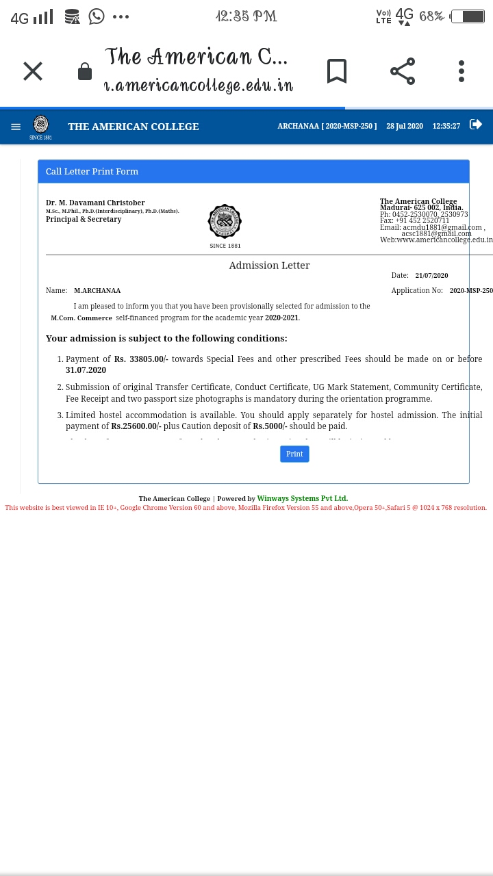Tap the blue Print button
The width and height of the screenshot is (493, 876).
tap(294, 454)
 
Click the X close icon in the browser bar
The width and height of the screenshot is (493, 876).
tap(33, 71)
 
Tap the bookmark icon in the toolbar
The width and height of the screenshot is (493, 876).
tap(336, 71)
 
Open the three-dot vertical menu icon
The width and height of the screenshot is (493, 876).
tap(462, 71)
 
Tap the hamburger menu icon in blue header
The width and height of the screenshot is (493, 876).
tap(16, 127)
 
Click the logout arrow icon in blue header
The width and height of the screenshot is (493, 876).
tap(475, 125)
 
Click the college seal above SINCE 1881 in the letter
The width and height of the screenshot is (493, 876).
tap(225, 221)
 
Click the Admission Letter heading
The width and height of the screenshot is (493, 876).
tap(269, 265)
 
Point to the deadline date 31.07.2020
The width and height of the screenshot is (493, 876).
tap(86, 370)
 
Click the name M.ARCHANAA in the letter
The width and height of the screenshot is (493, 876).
tap(97, 291)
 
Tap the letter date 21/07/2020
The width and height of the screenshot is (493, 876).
tap(431, 276)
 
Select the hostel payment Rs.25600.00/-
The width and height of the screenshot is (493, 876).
tap(136, 426)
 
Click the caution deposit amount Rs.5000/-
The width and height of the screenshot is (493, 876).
tap(270, 426)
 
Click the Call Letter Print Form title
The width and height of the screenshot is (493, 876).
tap(92, 172)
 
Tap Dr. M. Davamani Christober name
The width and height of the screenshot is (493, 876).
tap(95, 203)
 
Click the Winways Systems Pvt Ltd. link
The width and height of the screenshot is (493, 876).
tap(302, 499)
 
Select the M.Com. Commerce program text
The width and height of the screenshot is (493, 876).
tap(81, 318)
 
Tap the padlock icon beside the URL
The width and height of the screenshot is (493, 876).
tap(85, 72)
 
